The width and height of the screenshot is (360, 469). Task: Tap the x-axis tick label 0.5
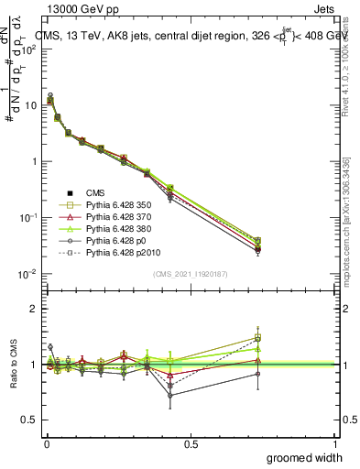[x=190, y=444]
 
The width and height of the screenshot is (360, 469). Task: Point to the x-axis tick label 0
[x=46, y=444]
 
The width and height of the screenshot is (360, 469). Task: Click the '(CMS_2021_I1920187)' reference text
[x=191, y=274]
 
